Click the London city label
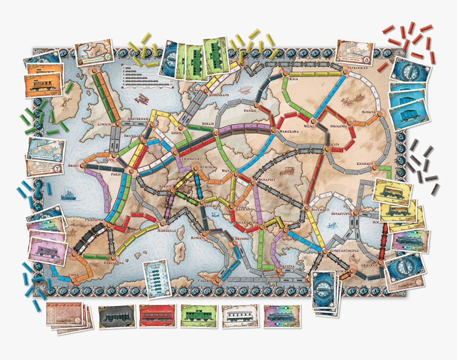(103, 124)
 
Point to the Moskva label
(369, 113)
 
